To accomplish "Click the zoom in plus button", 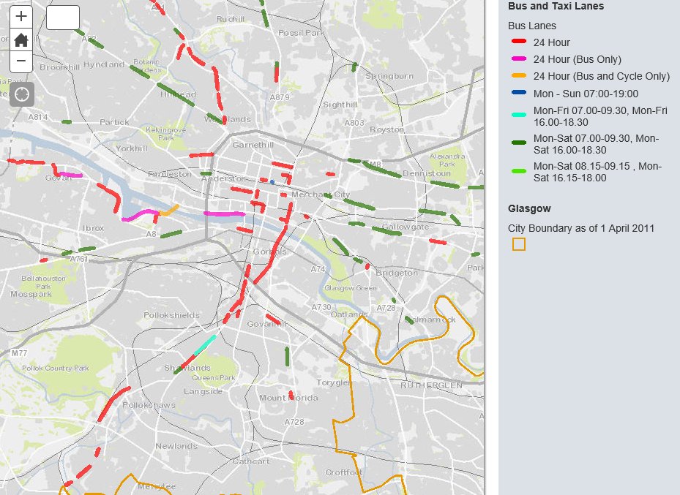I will tap(21, 16).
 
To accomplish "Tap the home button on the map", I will tap(21, 39).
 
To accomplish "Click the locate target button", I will tap(21, 94).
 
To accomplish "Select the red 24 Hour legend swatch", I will tap(519, 42).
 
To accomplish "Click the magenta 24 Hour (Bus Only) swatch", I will tap(519, 59).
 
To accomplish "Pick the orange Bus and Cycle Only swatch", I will tap(519, 76).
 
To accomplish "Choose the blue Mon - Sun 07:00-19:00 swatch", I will tap(519, 94).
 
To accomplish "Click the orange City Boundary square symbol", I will tap(518, 244).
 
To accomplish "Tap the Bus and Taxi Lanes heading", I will tap(556, 7).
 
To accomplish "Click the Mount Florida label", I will tap(283, 398).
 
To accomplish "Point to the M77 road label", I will tap(19, 353).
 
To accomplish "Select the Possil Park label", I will tap(300, 33).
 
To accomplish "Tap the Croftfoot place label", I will tap(343, 472).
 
